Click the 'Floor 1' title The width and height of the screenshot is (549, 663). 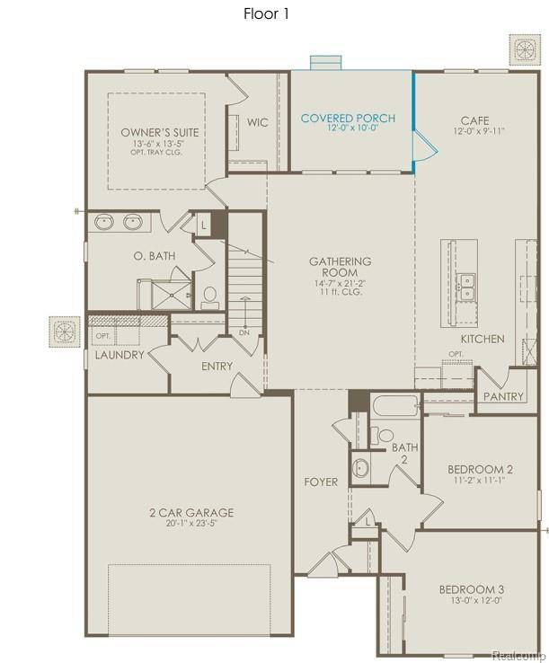tap(267, 13)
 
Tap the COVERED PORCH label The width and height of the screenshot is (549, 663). tap(348, 119)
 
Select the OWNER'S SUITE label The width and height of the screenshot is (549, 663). tap(160, 132)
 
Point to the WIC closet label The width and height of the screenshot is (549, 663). tap(259, 122)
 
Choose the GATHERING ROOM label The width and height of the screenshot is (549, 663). tap(340, 267)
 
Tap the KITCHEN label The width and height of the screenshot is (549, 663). tap(483, 339)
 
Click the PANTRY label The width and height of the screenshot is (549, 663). tap(503, 397)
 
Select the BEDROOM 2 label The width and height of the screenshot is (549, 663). tap(481, 469)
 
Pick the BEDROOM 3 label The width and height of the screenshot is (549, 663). tap(472, 589)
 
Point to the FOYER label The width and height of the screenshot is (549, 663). tap(321, 482)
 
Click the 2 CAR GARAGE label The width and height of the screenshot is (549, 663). tap(191, 513)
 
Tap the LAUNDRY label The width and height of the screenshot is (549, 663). tap(120, 355)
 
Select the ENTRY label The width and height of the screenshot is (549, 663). tap(217, 366)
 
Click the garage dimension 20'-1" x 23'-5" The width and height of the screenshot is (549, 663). tap(191, 524)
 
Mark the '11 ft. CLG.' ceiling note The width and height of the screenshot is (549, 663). tap(340, 294)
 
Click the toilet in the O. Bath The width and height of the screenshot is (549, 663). tap(210, 296)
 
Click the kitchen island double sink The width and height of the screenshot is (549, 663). tap(465, 286)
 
